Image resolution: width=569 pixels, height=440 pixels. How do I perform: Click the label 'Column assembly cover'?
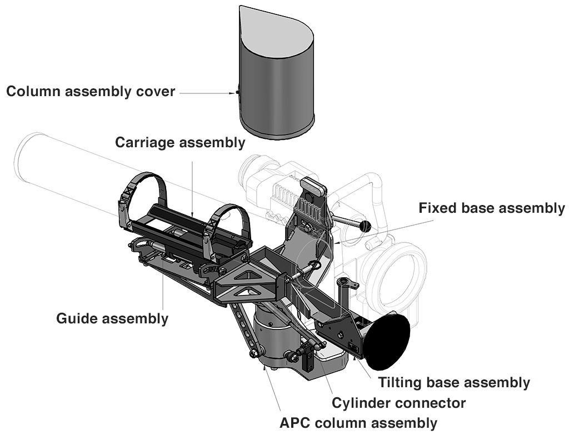tap(91, 91)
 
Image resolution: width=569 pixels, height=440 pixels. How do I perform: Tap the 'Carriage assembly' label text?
tap(180, 142)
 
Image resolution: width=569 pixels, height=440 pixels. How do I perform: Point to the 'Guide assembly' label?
tap(112, 318)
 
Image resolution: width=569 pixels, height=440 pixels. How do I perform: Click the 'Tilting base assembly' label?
tap(454, 382)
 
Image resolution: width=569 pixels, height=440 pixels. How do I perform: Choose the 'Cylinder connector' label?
tap(398, 402)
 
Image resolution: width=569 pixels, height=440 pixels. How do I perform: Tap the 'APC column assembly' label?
tap(358, 423)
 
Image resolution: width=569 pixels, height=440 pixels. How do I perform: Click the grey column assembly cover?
tap(276, 89)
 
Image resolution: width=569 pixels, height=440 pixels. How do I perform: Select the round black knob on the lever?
tap(365, 226)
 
